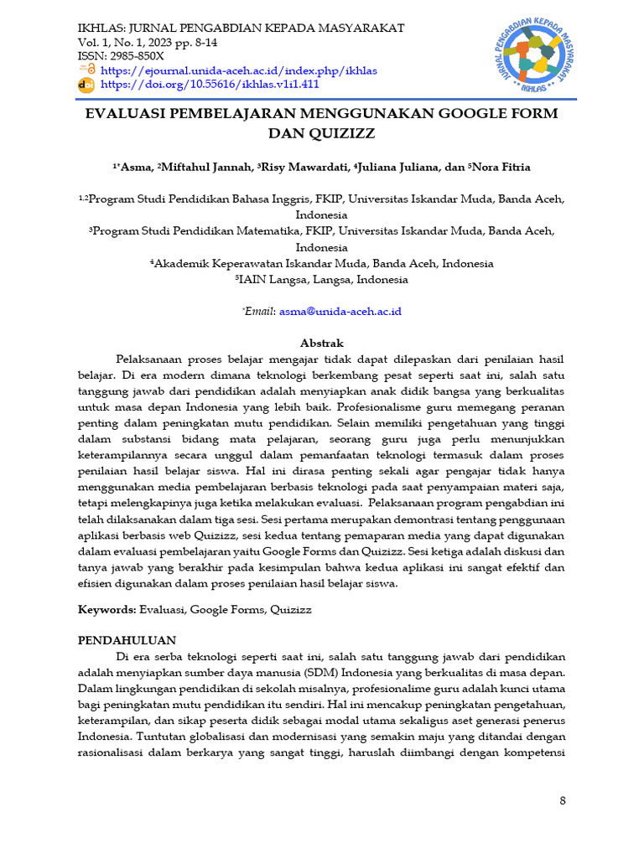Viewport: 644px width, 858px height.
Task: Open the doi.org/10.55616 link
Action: click(210, 85)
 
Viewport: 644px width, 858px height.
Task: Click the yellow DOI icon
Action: click(86, 85)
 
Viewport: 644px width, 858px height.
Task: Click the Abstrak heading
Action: click(321, 343)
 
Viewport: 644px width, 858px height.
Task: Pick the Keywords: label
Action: click(107, 610)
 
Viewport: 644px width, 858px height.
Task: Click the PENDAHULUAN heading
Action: click(127, 640)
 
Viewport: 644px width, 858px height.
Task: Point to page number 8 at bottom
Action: click(563, 801)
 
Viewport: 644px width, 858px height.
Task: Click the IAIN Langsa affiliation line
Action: click(321, 280)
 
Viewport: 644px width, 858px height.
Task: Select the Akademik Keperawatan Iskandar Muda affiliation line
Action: click(321, 263)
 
